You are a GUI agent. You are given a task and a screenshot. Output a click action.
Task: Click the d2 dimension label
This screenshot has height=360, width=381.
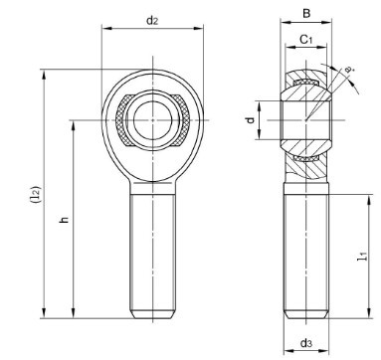pyautogui.click(x=152, y=21)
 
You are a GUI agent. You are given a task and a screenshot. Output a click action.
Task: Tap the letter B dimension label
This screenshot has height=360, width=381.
pyautogui.click(x=306, y=14)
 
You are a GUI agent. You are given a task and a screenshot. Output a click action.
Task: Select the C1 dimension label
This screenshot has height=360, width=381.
pyautogui.click(x=306, y=40)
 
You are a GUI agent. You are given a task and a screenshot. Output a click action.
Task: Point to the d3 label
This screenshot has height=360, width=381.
pyautogui.click(x=306, y=343)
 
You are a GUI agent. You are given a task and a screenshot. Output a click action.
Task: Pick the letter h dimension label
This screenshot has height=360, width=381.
pyautogui.click(x=64, y=219)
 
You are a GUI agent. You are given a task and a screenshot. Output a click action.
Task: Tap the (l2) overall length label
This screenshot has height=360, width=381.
pyautogui.click(x=35, y=194)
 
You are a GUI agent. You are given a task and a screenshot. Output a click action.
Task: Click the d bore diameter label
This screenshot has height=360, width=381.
pyautogui.click(x=251, y=119)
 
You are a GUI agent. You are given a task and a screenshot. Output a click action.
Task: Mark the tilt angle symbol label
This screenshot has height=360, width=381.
pyautogui.click(x=348, y=70)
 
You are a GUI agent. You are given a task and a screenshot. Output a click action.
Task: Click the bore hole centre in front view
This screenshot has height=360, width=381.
pyautogui.click(x=153, y=120)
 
